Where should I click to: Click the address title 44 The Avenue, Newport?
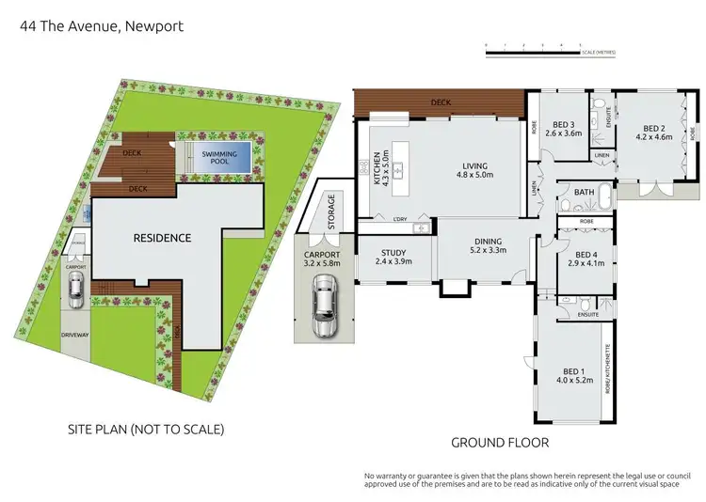coord(102,26)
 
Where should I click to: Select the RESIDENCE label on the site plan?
coord(161,238)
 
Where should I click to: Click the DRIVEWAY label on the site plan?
coord(75,334)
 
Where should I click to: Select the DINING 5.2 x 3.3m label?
coord(489,245)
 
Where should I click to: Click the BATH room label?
coord(585,193)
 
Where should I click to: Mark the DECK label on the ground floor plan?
coord(440,102)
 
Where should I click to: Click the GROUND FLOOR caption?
coord(500,441)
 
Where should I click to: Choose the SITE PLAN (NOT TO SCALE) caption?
coord(146,430)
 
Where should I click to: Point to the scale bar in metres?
coord(532,49)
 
